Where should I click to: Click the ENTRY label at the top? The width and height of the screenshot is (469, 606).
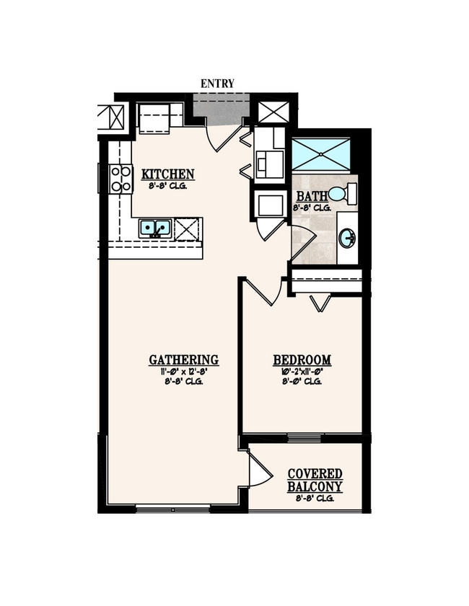point(217,84)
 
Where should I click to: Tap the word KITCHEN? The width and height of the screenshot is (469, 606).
point(167,174)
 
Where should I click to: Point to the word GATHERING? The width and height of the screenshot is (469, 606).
point(183,360)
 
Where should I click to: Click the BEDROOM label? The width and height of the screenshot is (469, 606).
point(302,360)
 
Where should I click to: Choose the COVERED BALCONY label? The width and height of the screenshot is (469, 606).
point(315,480)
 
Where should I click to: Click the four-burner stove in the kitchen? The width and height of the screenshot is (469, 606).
point(120,179)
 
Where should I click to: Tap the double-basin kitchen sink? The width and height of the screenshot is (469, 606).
point(155,228)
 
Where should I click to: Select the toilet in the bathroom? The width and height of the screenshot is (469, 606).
point(343,194)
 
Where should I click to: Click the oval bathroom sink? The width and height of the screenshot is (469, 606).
point(347,237)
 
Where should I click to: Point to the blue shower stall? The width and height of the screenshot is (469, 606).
point(320,154)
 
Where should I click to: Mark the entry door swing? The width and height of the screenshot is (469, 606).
point(224,136)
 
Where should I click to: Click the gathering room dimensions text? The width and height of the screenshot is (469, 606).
point(183,372)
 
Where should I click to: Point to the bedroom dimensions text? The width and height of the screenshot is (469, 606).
point(302,372)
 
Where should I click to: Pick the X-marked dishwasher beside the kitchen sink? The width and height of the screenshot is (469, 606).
point(185,228)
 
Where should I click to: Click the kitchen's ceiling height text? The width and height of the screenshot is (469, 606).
point(167,185)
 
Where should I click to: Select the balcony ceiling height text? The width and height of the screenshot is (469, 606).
point(315,498)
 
